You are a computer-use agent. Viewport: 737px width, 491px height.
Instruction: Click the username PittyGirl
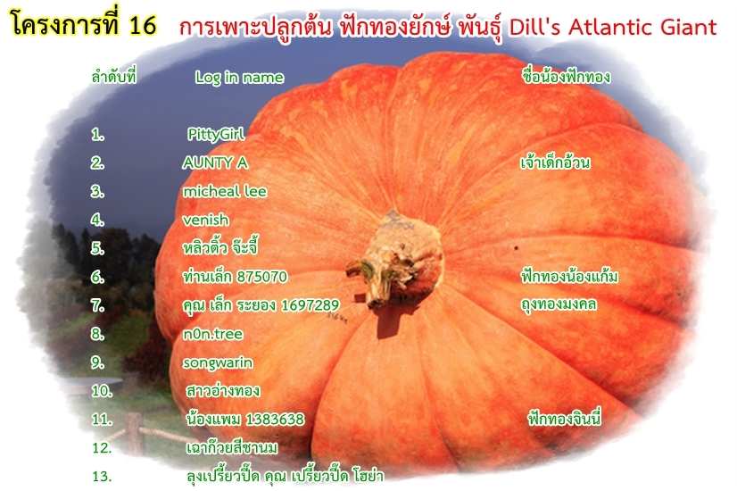point(216,135)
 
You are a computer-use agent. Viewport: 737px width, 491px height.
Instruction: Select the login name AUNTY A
point(215,162)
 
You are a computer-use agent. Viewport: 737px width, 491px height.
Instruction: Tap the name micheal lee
point(225,191)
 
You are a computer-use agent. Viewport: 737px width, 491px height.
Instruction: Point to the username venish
point(206,220)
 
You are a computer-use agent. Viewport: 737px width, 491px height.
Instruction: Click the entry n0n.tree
point(213,334)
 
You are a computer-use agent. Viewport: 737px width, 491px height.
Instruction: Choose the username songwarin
point(218,362)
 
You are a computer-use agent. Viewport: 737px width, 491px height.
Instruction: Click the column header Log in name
point(239,77)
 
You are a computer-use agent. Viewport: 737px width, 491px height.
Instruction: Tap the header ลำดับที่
point(114,76)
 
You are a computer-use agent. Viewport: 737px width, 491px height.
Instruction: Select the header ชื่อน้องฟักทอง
point(567,76)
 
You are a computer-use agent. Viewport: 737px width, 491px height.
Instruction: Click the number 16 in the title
point(143,24)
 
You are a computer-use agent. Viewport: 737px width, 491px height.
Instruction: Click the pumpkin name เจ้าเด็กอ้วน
point(555,162)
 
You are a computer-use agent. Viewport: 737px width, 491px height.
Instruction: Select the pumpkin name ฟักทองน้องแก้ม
point(569,276)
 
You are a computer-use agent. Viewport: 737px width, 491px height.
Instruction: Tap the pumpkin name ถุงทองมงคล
point(559,304)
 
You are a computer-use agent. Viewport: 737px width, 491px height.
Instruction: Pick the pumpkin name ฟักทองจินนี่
point(565,418)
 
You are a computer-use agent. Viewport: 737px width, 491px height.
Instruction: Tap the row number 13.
point(102,477)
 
